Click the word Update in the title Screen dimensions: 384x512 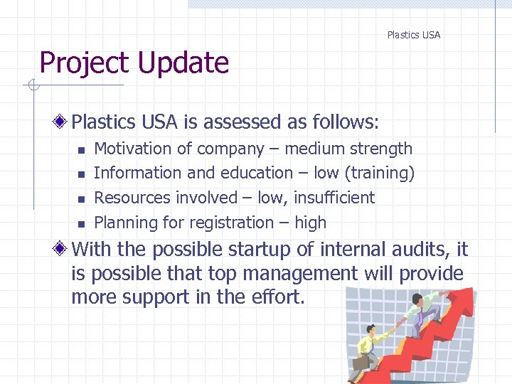coord(183,63)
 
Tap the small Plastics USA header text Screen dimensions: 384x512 coord(413,35)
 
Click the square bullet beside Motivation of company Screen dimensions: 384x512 coord(81,150)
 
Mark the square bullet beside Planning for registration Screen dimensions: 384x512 coord(81,224)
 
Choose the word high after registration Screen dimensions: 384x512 coord(310,223)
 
